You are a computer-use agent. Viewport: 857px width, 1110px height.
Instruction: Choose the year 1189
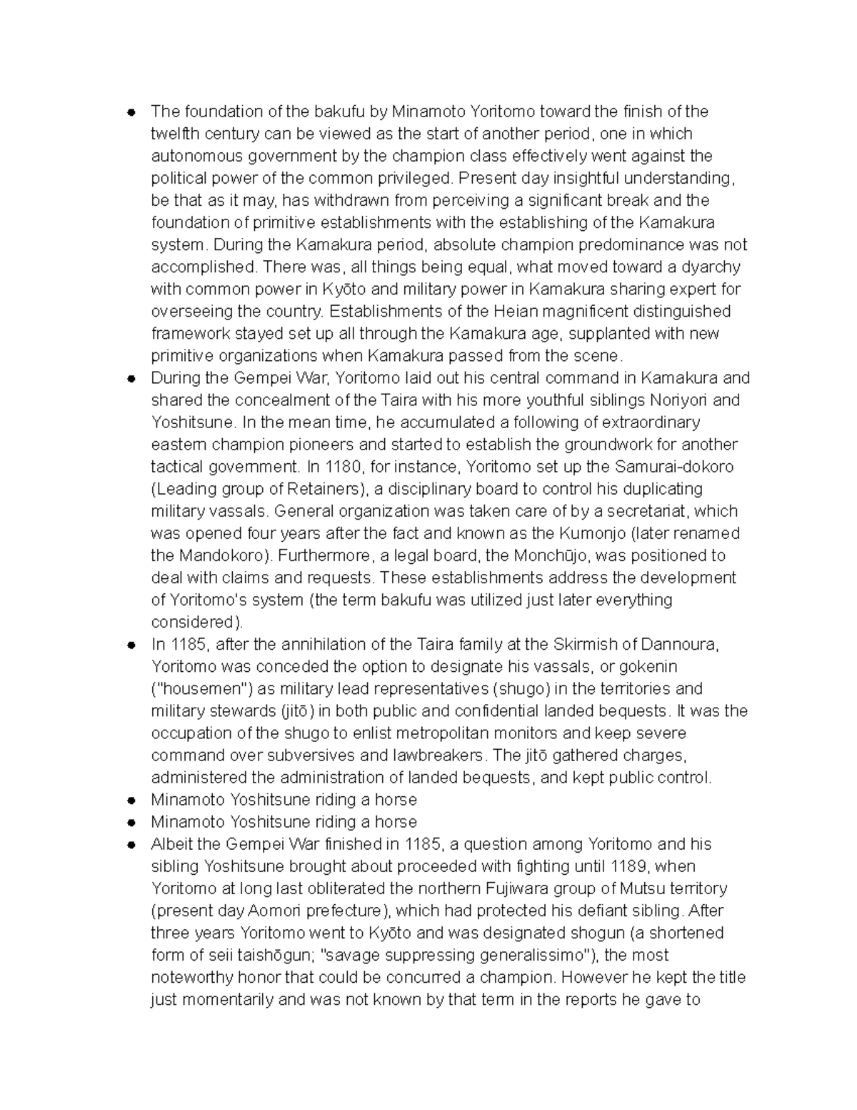629,866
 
